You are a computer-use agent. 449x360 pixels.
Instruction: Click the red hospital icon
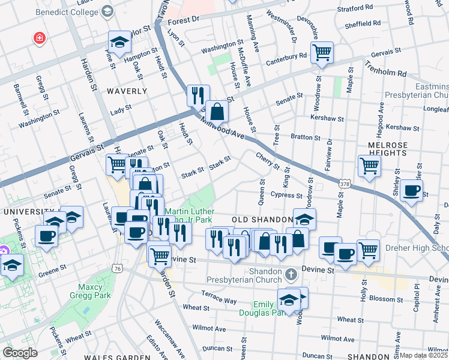point(40,38)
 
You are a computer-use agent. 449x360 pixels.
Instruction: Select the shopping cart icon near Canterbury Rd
point(322,52)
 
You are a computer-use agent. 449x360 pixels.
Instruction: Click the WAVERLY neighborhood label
point(127,91)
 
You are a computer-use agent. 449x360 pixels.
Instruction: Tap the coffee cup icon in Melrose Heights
point(412,191)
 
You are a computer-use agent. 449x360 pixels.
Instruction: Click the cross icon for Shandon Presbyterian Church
point(291,275)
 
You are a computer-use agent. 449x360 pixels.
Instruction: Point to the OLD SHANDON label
point(260,220)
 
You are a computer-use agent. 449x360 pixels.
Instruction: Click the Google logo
point(20,353)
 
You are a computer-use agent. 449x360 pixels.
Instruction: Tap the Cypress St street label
point(286,195)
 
